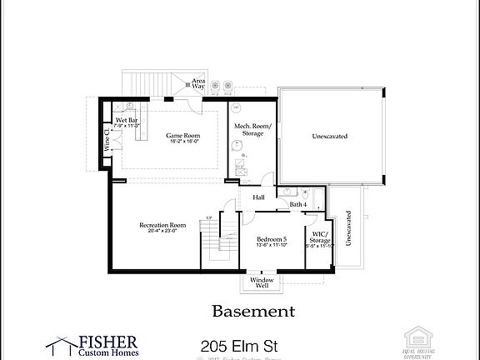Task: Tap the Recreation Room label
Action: coord(162,225)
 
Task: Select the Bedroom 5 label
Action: coord(272,238)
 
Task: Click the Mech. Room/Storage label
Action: coord(252,129)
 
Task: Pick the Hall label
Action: coord(258,197)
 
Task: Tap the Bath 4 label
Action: coord(298,204)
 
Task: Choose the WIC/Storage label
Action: coord(320,237)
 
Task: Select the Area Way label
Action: coord(198,83)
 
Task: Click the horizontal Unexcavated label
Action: coord(329,136)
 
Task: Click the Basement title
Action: coord(253,312)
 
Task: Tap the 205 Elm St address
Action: coord(240,345)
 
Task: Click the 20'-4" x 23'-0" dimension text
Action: coord(162,231)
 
